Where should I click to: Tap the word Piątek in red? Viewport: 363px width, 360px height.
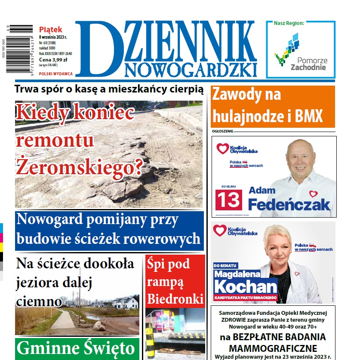tap(50, 30)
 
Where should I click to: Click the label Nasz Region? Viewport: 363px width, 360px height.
tap(289, 23)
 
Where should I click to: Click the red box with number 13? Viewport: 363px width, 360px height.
tap(228, 199)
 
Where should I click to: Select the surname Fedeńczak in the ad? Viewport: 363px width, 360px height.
tap(289, 205)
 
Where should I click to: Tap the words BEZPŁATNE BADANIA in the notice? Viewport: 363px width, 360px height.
tap(273, 337)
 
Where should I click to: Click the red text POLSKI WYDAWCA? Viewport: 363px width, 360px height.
tap(56, 74)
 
